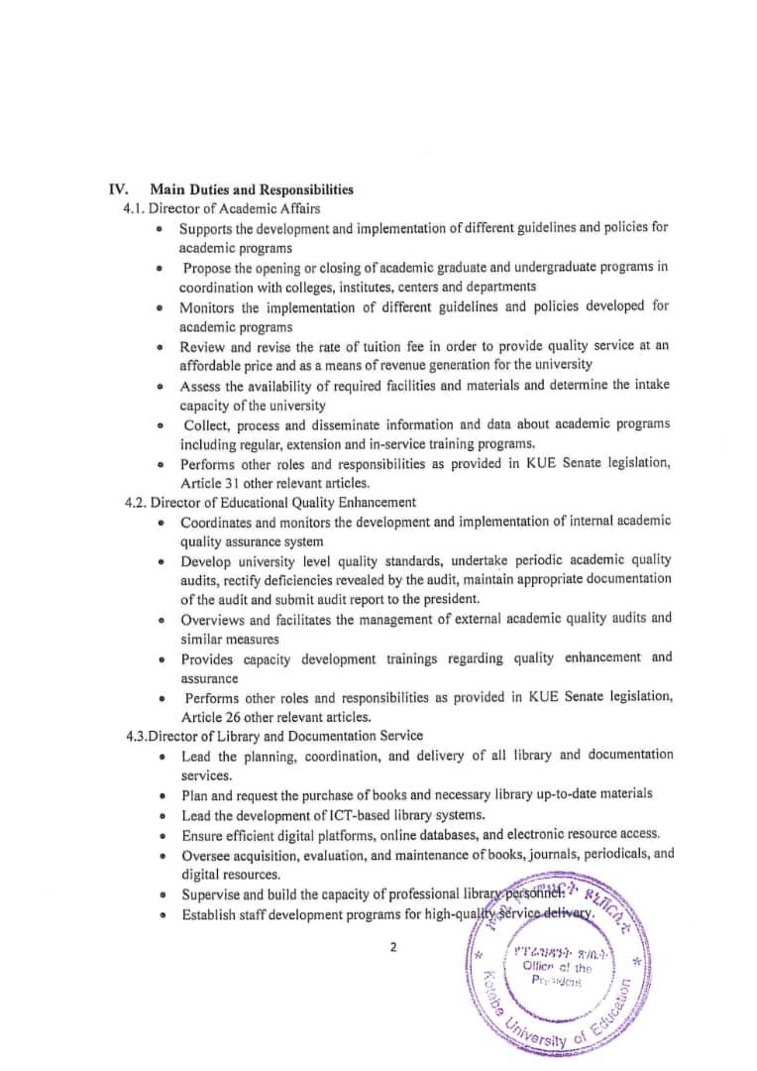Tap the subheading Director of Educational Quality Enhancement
click(282, 502)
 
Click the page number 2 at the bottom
click(393, 947)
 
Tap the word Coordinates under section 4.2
click(219, 521)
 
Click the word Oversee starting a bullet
click(206, 853)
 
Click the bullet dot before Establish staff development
click(161, 914)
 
